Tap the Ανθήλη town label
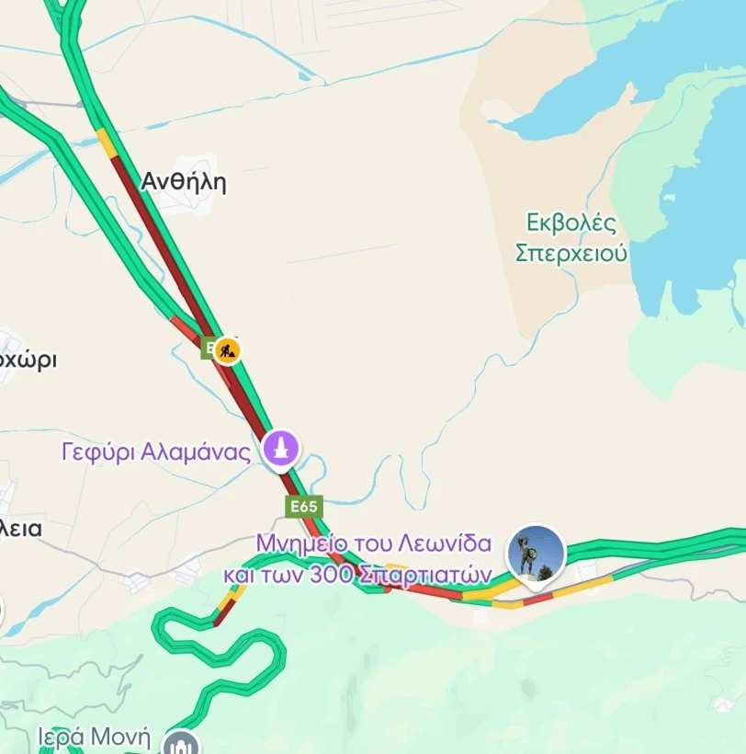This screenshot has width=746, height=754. point(183,182)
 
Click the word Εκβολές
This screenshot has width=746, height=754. point(571,223)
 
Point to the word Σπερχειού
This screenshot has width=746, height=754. point(571,253)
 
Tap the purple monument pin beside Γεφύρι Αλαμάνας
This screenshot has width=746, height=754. point(281,450)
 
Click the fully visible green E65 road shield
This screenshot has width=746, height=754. point(303,507)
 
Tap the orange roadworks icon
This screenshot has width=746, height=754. point(227,349)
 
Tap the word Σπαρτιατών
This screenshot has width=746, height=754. point(424,575)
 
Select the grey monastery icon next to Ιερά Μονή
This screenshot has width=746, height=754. point(180,743)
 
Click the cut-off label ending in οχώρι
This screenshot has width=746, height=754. point(28,360)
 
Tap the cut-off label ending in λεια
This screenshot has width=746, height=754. point(22,529)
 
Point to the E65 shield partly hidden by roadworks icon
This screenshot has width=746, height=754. point(209,348)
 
